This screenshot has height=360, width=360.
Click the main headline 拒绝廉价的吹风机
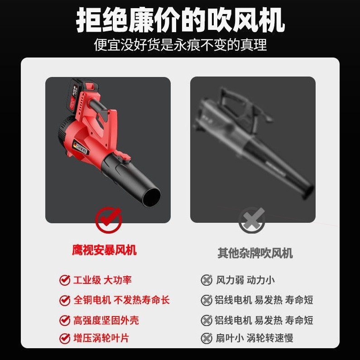[180, 20]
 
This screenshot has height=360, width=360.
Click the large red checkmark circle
[108, 220]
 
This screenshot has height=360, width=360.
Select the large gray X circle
[252, 221]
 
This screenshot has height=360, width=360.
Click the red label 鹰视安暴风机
[104, 250]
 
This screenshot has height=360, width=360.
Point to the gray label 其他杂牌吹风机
[255, 253]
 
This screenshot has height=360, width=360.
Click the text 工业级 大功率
[102, 280]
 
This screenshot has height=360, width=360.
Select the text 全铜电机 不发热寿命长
[121, 300]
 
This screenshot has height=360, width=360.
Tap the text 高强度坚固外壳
[106, 320]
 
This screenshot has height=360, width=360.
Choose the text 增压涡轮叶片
[101, 338]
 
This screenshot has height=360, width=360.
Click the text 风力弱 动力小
[245, 280]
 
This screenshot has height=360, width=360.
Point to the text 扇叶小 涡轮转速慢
[254, 338]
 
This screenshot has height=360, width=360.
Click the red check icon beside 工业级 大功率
[65, 280]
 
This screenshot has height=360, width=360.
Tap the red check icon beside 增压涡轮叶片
[65, 338]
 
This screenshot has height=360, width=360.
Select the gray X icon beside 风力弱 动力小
[206, 280]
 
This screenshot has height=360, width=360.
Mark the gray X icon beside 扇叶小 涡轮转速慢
[206, 338]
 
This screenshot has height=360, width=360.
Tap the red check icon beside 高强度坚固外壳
[65, 320]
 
